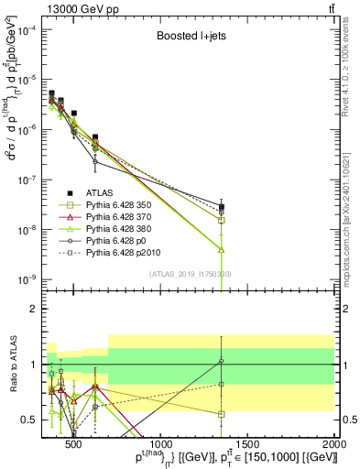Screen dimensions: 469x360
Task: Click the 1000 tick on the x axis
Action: (x=160, y=445)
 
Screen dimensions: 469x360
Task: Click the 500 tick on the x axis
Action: (x=74, y=445)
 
